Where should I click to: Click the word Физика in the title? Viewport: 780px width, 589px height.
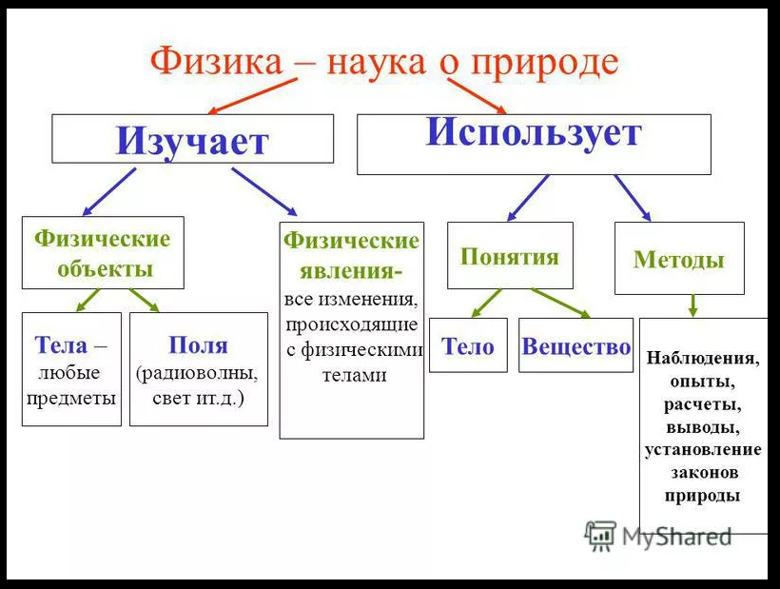coord(215,62)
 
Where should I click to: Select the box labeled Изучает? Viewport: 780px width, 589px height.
coord(192,139)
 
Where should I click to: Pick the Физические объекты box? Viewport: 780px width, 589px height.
coord(103,253)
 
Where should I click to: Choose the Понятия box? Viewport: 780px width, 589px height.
coord(510,256)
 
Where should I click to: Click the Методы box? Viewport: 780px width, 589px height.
coord(679,259)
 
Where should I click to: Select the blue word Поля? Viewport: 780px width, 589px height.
coord(198,344)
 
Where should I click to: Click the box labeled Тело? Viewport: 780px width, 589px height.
coord(468,346)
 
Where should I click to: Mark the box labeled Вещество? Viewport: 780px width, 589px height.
coord(575,346)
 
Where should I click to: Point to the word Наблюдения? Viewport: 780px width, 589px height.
coord(703,359)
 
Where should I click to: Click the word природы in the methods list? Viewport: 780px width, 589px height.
coord(703,496)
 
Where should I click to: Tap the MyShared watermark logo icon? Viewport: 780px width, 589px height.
coord(601,536)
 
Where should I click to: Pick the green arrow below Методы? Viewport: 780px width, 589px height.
coord(693,305)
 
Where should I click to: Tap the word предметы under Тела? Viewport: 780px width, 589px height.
coord(71,397)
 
